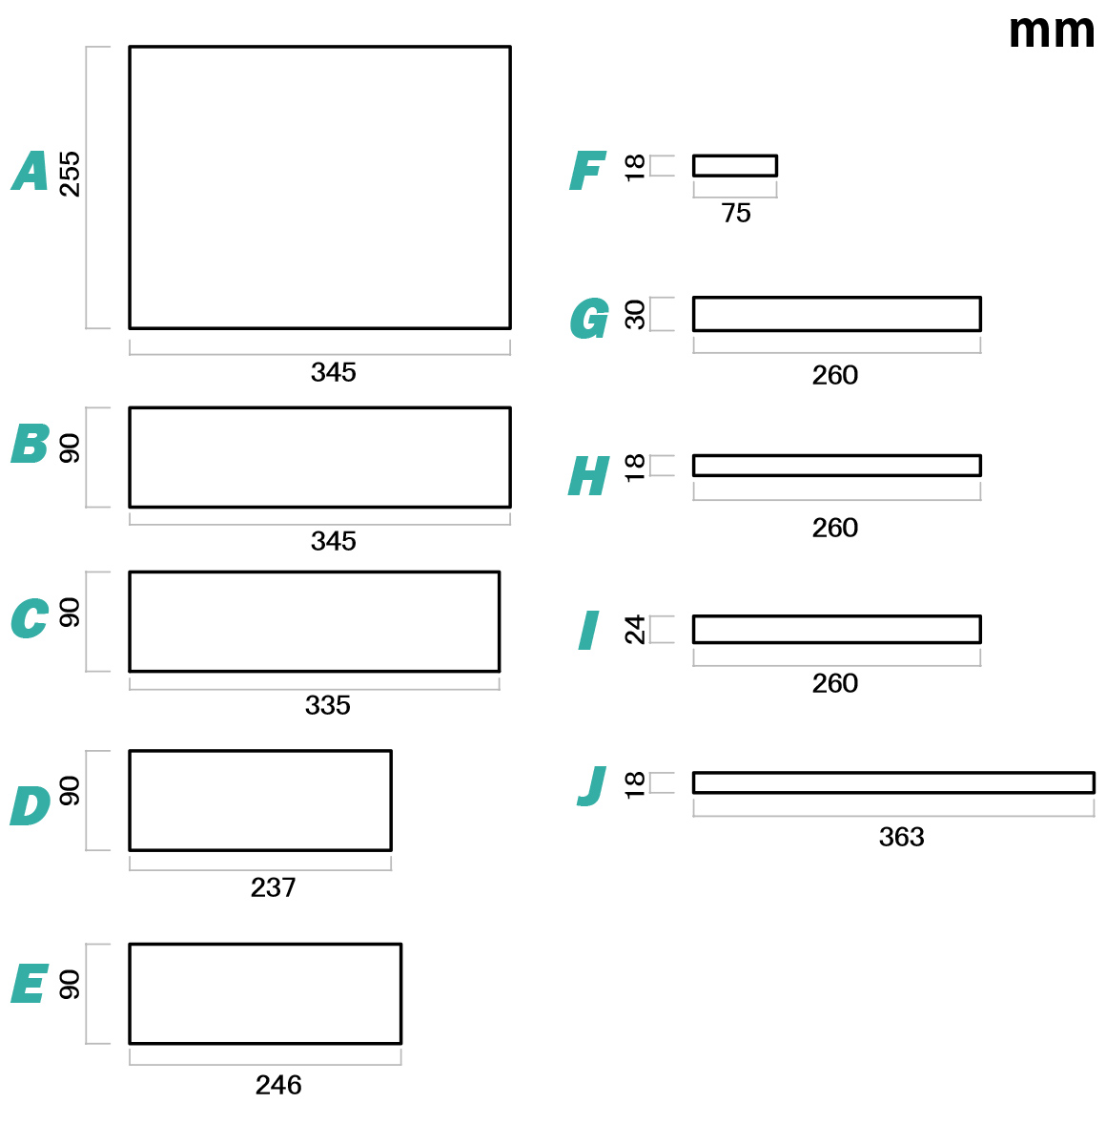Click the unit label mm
coord(1051,31)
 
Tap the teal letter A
coord(30,170)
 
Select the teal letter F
coord(586,170)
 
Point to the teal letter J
coord(590,785)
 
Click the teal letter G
coord(588,318)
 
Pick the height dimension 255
coord(70,175)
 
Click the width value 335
coord(327,704)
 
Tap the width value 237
coord(273,886)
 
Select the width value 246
coord(278,1084)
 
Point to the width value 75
coord(735,213)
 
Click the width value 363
coord(901,836)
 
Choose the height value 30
coord(634,314)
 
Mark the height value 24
coord(634,630)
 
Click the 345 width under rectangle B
coord(334,541)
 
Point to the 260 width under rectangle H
coord(834,528)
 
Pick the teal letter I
coord(588,630)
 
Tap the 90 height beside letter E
coord(70,985)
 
